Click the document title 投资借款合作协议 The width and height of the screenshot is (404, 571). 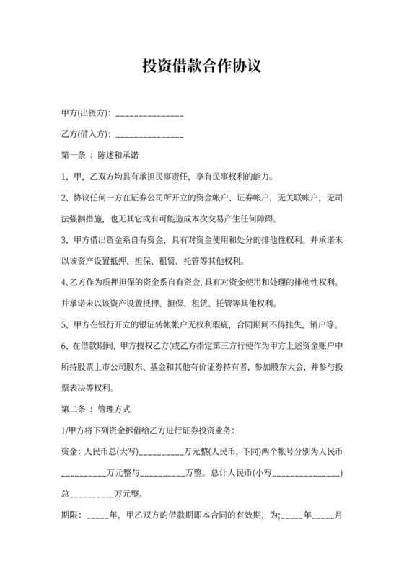coord(201,66)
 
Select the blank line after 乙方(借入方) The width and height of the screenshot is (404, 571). coord(149,135)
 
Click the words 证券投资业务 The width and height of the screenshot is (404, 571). coord(208,431)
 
